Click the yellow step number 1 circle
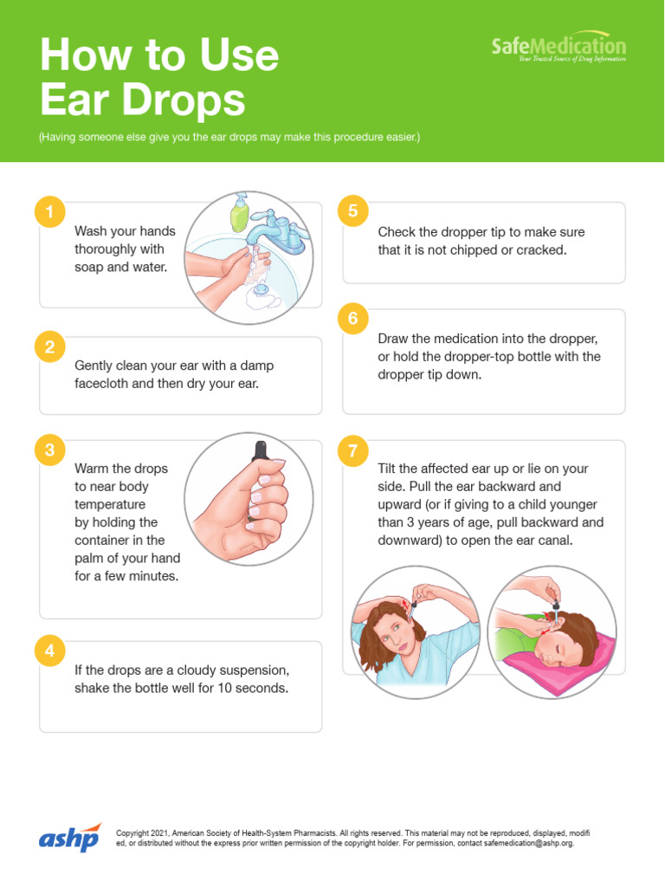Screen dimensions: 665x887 point(49,212)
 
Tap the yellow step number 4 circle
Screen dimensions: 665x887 point(49,651)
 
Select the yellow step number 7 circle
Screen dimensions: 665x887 point(353,450)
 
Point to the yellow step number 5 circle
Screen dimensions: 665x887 point(353,211)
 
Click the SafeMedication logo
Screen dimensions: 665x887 point(558,47)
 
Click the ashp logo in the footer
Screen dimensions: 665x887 point(69,838)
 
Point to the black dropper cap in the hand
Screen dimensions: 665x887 point(261,450)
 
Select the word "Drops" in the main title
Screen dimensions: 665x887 point(184,100)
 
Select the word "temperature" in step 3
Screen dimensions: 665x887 point(110,505)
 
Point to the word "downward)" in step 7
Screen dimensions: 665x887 point(410,541)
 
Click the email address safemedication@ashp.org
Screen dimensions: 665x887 point(528,843)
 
